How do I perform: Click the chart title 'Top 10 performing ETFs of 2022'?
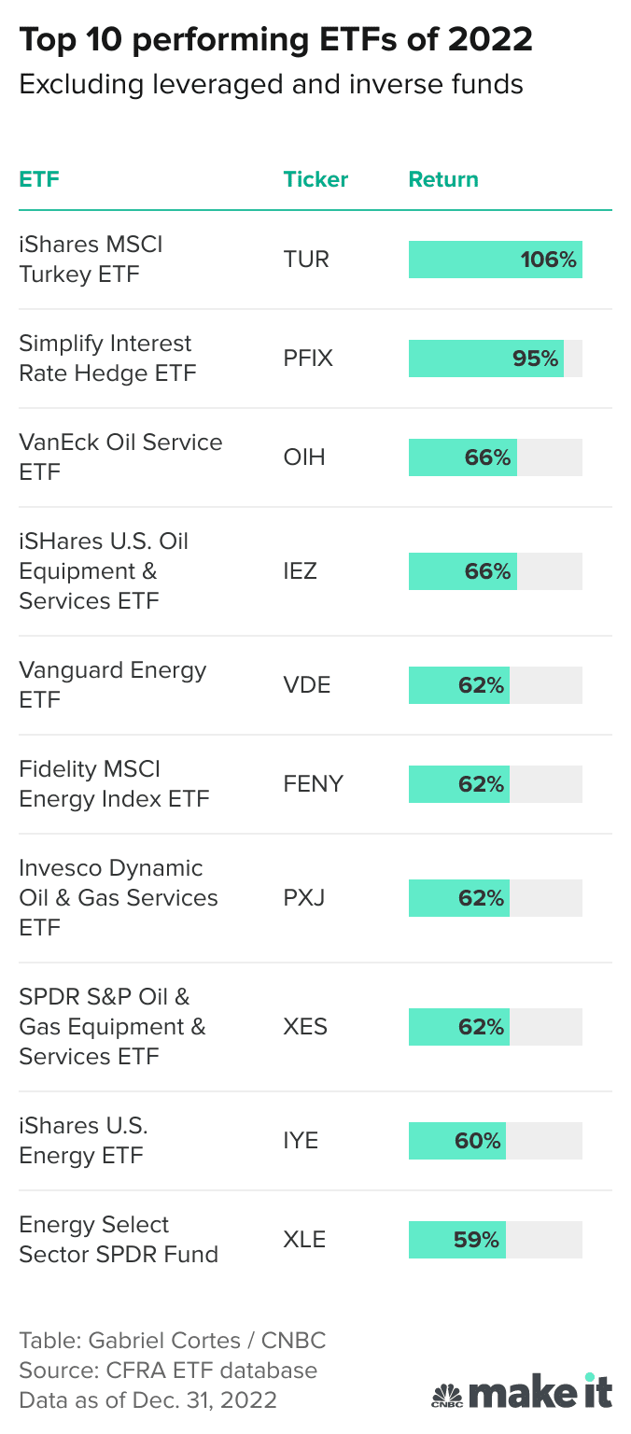275,40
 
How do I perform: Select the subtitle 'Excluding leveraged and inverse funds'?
271,85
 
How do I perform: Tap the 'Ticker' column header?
315,179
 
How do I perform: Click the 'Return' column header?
443,179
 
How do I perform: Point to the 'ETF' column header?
39,179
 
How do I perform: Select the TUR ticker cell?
306,260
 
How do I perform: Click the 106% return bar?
495,260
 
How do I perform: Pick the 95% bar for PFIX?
485,358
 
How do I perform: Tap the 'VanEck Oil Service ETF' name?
120,457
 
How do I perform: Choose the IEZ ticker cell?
300,571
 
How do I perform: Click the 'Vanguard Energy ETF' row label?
112,685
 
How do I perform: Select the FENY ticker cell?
313,784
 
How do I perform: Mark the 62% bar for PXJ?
459,898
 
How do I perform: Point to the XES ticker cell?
305,1027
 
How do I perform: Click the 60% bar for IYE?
457,1141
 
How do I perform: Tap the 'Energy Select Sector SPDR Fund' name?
118,1240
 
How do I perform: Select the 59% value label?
476,1240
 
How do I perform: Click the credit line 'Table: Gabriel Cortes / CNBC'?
173,1341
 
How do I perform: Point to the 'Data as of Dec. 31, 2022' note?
147,1399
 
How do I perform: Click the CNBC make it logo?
522,1391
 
